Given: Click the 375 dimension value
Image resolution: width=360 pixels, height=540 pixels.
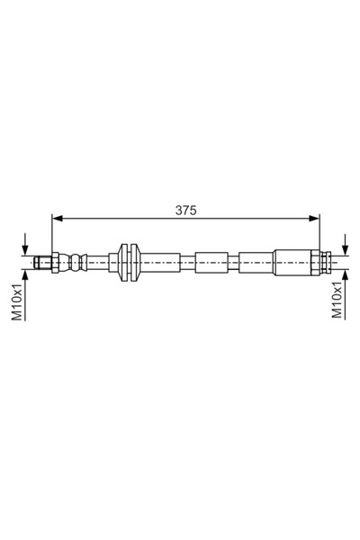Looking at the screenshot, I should coord(186,210).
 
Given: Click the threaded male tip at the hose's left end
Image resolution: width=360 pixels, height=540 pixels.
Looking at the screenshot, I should coord(41,262).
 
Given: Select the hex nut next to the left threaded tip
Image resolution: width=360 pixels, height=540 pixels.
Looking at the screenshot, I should coord(55,262).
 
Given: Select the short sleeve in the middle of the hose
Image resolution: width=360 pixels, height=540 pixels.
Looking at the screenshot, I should coord(211,262).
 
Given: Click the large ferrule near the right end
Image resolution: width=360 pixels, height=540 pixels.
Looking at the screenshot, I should coord(295,262).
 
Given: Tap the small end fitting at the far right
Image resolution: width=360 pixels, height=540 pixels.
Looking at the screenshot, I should coord(328,262).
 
